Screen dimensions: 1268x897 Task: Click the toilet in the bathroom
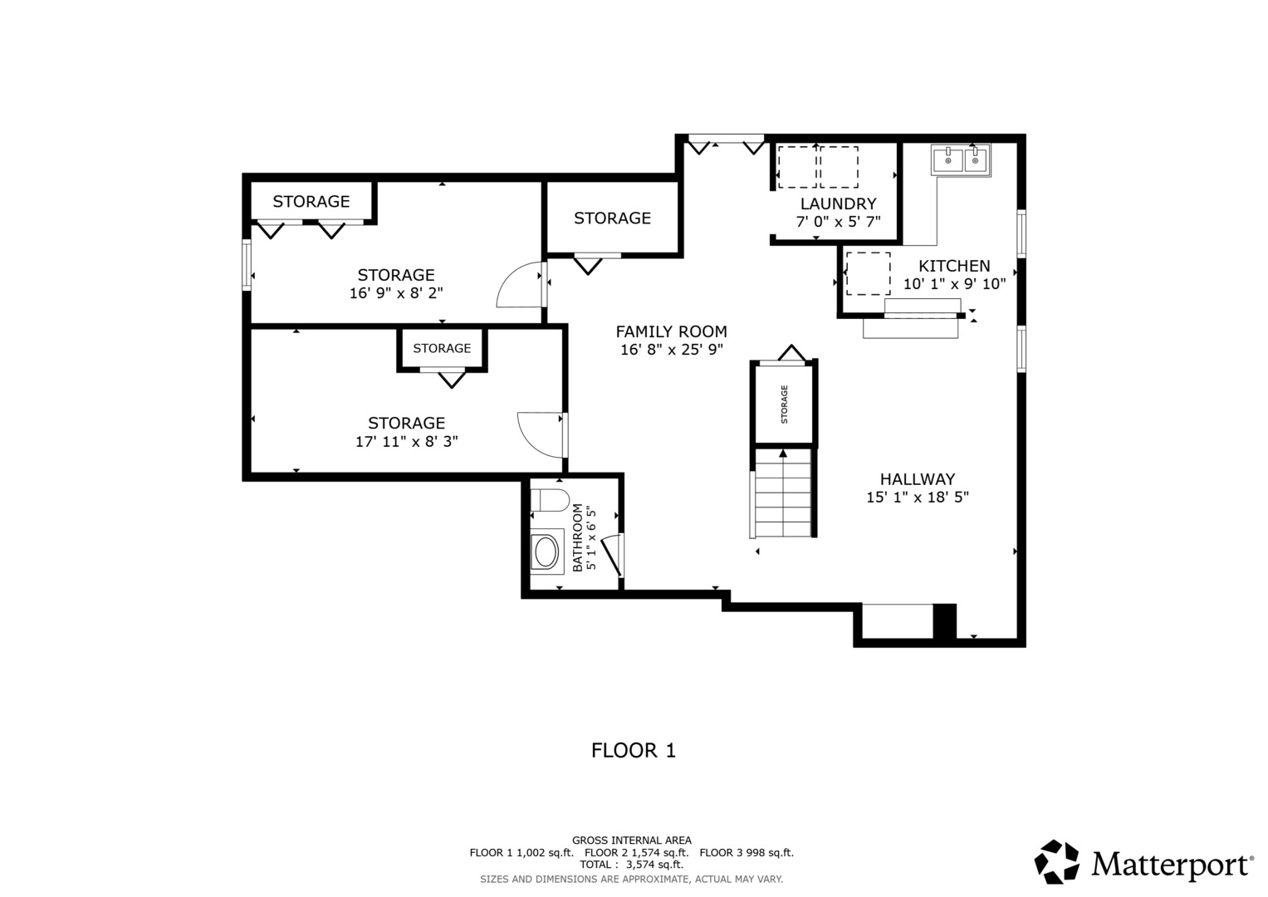click(x=550, y=500)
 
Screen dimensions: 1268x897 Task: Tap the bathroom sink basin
click(x=546, y=552)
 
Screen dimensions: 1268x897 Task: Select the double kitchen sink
click(x=961, y=159)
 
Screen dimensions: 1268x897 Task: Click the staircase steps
click(x=783, y=493)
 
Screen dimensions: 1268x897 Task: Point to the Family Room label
click(x=671, y=331)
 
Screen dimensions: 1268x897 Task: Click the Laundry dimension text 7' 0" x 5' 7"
click(x=839, y=222)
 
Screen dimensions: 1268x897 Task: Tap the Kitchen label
click(x=954, y=266)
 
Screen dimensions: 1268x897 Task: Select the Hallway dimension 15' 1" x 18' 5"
click(x=918, y=498)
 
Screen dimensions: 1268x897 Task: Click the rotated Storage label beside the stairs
click(x=784, y=404)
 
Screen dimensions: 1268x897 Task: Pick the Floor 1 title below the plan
click(x=634, y=750)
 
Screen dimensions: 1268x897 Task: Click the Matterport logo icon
click(x=1056, y=861)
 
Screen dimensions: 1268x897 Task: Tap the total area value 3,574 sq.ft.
click(x=654, y=865)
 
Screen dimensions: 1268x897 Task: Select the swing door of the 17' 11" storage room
click(x=541, y=435)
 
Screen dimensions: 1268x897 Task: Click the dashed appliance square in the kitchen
click(x=868, y=273)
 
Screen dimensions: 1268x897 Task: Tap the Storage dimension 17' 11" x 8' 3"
click(x=406, y=441)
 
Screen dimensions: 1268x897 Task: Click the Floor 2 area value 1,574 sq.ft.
click(x=660, y=852)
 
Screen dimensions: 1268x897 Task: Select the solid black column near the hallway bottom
click(x=944, y=622)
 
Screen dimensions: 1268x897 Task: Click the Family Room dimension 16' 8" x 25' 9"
click(x=671, y=350)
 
